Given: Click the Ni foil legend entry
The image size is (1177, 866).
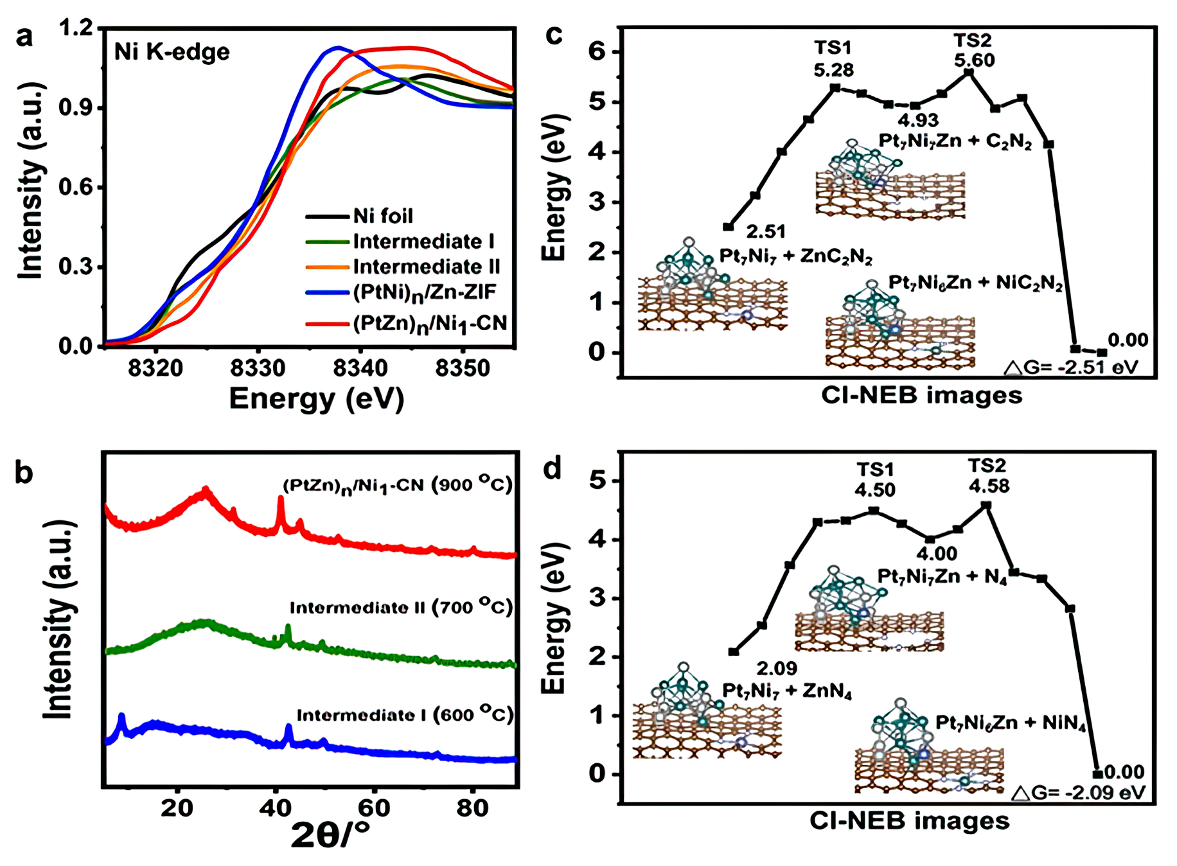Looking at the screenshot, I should click(x=383, y=216).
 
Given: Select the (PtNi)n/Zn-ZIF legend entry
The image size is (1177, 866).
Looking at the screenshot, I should click(x=424, y=292).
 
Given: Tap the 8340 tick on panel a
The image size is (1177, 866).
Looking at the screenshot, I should click(x=360, y=368).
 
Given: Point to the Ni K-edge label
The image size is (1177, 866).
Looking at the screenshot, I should click(x=172, y=51).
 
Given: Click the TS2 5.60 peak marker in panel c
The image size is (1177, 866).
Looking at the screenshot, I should click(x=969, y=73).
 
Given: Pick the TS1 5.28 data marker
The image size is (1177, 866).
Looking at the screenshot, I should click(x=835, y=87).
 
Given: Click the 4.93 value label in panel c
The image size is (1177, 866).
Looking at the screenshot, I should click(x=917, y=120).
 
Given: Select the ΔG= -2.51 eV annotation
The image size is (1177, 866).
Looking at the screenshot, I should click(x=1071, y=367).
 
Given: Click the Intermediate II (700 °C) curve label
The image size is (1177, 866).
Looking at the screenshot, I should click(x=401, y=607).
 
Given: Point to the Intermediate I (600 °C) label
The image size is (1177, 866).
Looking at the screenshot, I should click(x=405, y=715).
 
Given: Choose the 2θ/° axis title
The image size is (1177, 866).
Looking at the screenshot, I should click(x=330, y=835).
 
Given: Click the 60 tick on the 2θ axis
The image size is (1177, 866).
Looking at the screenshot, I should click(x=374, y=808).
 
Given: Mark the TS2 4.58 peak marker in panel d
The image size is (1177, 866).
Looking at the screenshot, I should click(x=987, y=506).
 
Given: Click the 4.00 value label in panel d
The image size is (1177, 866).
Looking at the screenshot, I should click(x=936, y=553).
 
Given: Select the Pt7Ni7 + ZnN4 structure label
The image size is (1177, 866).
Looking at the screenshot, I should click(x=787, y=691).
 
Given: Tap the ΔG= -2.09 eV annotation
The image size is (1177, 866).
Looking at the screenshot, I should click(x=1079, y=793).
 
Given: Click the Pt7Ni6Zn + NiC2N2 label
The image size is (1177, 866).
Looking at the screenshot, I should click(x=975, y=283).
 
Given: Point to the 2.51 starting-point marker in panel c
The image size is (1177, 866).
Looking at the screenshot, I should click(x=728, y=227).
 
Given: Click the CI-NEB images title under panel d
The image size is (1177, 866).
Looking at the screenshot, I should click(x=909, y=820).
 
